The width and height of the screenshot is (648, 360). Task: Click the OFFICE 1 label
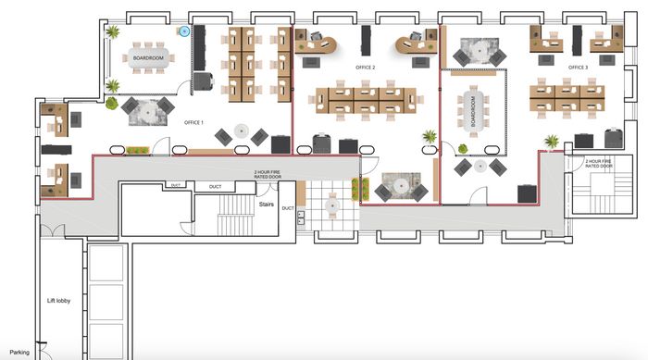193,123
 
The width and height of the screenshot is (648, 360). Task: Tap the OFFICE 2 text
366,68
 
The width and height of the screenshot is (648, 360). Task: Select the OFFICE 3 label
578,68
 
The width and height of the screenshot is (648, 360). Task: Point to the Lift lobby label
58,301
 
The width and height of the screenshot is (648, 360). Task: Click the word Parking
19,353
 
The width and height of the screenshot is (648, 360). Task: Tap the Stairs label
267,205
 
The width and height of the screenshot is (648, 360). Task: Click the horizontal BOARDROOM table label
148,58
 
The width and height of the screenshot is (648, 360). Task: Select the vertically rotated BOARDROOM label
473,112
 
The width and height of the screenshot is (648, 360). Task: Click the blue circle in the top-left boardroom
184,31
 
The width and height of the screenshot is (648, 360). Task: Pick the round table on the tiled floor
332,205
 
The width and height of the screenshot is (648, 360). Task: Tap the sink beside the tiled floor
301,217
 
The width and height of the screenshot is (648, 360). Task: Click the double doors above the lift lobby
53,230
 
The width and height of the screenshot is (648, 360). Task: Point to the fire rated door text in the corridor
268,174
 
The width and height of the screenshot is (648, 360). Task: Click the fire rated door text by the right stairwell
599,163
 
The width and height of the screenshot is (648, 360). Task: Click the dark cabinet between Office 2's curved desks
367,41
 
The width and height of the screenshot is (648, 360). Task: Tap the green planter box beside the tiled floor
355,190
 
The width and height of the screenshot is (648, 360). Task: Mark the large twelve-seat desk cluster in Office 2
367,101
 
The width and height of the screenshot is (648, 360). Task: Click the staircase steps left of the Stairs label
235,215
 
